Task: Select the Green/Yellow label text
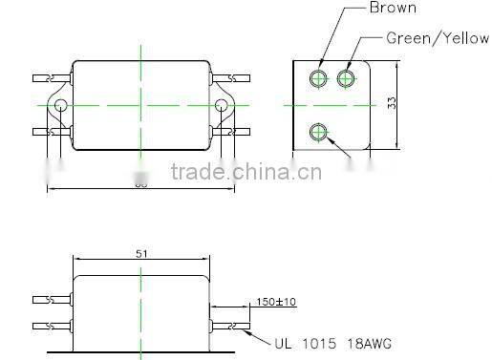pos(437,39)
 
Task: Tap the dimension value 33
pos(392,104)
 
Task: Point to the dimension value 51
pos(140,254)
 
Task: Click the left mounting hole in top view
pos(60,104)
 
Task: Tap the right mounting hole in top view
pos(222,104)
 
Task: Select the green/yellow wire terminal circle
pos(346,75)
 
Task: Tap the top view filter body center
pos(140,104)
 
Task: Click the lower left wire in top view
pos(48,131)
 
